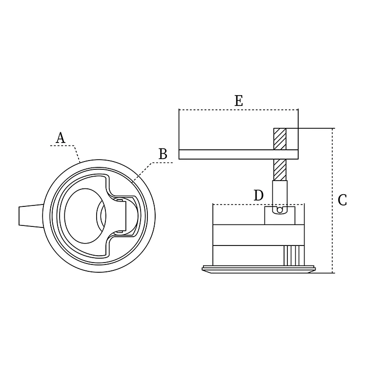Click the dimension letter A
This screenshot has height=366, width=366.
pyautogui.click(x=60, y=138)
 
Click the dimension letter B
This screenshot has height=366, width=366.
pyautogui.click(x=163, y=154)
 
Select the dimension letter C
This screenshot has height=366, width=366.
pyautogui.click(x=342, y=200)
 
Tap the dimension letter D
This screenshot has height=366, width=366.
pyautogui.click(x=259, y=195)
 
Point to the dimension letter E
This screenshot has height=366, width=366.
pyautogui.click(x=239, y=101)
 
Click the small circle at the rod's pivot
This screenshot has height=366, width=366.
pyautogui.click(x=280, y=210)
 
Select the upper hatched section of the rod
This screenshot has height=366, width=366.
pyautogui.click(x=280, y=139)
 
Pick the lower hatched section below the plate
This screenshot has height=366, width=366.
pyautogui.click(x=280, y=170)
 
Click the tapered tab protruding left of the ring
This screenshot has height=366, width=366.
pyautogui.click(x=31, y=216)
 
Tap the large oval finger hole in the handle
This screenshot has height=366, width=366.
pyautogui.click(x=85, y=216)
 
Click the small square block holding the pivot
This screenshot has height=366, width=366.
pyautogui.click(x=280, y=215)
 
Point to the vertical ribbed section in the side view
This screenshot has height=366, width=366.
pyautogui.click(x=294, y=255)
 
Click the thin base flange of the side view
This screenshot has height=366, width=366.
pyautogui.click(x=259, y=269)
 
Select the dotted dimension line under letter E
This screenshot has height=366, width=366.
pyautogui.click(x=239, y=109)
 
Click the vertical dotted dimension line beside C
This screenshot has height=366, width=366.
pyautogui.click(x=332, y=201)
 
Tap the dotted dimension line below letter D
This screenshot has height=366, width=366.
pyautogui.click(x=259, y=204)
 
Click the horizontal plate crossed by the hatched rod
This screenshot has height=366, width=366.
pyautogui.click(x=239, y=155)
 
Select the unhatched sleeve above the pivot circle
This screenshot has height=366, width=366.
pyautogui.click(x=280, y=193)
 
